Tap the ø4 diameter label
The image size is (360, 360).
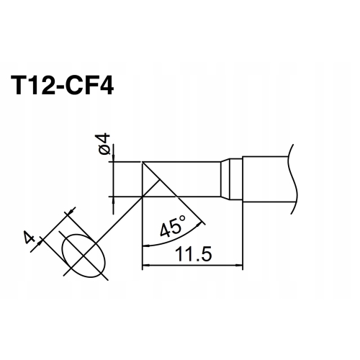103,145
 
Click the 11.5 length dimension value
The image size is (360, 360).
191,255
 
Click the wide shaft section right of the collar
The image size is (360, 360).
266,179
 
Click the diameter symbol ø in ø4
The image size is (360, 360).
103,150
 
